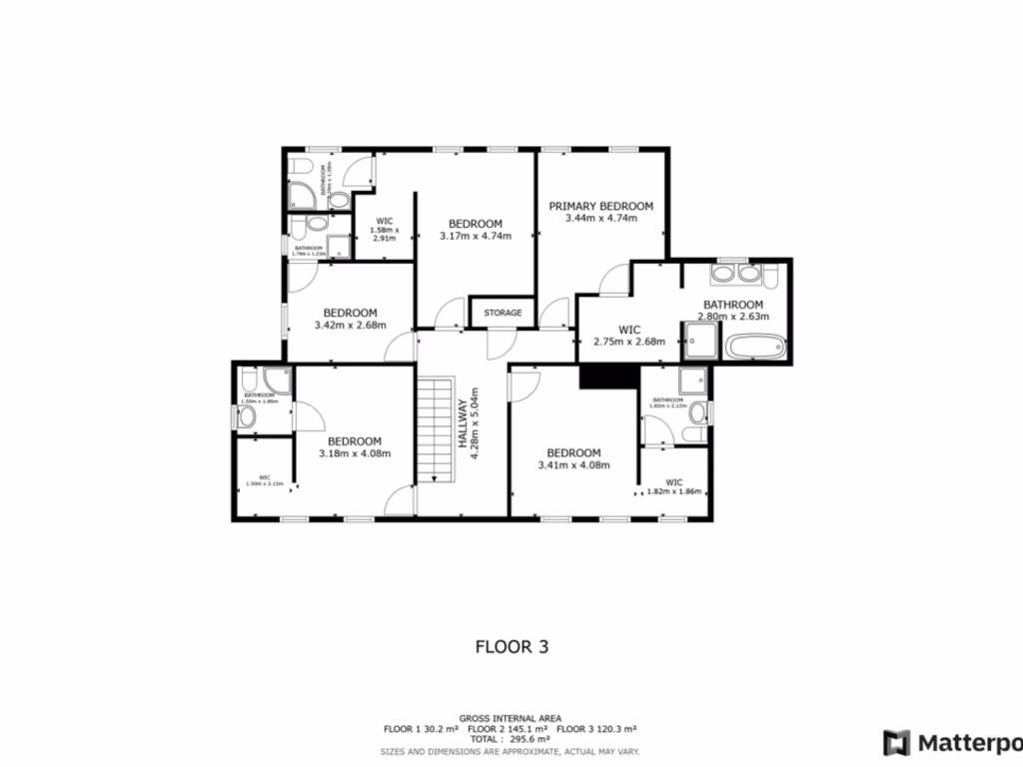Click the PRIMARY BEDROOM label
600,206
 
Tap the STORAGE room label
503,313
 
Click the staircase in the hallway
436,429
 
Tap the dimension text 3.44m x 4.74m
600,218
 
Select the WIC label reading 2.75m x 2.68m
628,335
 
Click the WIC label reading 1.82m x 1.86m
674,486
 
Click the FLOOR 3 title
511,646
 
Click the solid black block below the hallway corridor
608,375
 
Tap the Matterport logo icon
896,742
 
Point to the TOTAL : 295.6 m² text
511,740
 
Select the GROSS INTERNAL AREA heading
511,718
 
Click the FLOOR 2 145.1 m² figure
511,729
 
